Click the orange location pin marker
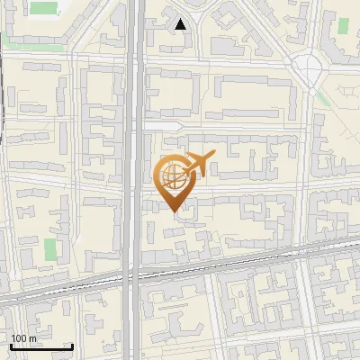pyautogui.click(x=174, y=180)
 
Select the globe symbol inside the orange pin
pyautogui.click(x=171, y=175)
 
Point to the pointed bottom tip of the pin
pyautogui.click(x=174, y=211)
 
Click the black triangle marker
pyautogui.click(x=181, y=24)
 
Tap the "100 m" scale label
pyautogui.click(x=24, y=338)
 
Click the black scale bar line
pyautogui.click(x=40, y=346)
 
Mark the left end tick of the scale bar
pyautogui.click(x=10, y=345)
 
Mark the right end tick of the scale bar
pyautogui.click(x=72, y=345)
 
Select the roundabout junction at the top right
pyautogui.click(x=311, y=66)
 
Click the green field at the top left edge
pyautogui.click(x=41, y=8)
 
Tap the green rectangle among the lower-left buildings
pyautogui.click(x=50, y=249)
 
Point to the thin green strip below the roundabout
pyautogui.click(x=322, y=100)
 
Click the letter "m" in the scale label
pyautogui.click(x=33, y=338)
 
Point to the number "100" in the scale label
pyautogui.click(x=19, y=338)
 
